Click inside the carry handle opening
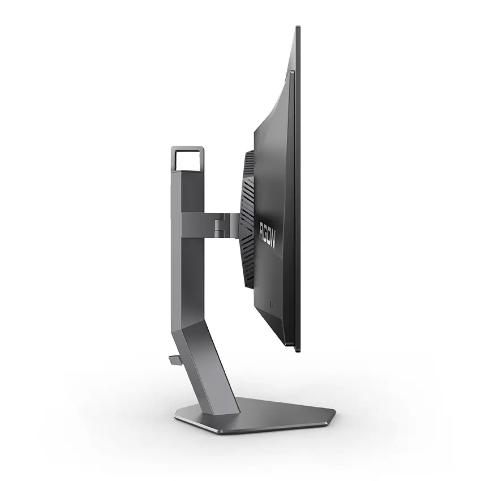coord(187,160)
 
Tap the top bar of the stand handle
coord(187,148)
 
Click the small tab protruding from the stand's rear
coord(174,359)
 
